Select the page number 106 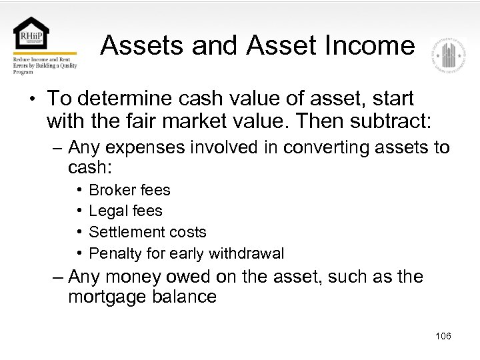[x=443, y=336]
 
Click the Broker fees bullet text [x=129, y=190]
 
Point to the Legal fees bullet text [x=125, y=211]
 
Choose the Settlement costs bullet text [x=147, y=233]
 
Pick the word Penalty [x=113, y=254]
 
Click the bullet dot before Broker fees [x=79, y=190]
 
